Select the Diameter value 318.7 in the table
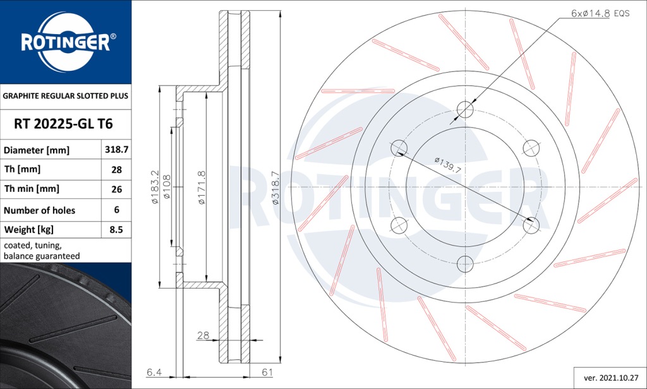[x=116, y=150]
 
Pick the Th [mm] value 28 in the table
[x=116, y=170]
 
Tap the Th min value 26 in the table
[x=116, y=189]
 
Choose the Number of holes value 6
[x=116, y=210]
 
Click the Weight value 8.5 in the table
[x=116, y=230]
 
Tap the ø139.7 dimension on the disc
[x=447, y=165]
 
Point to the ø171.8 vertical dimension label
[x=202, y=188]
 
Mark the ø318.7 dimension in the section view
[x=275, y=188]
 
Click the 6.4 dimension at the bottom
[x=154, y=373]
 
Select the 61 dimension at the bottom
[x=267, y=373]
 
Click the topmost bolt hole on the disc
[x=465, y=109]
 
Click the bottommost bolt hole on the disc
[x=465, y=263]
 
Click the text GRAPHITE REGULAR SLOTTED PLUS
[x=66, y=97]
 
